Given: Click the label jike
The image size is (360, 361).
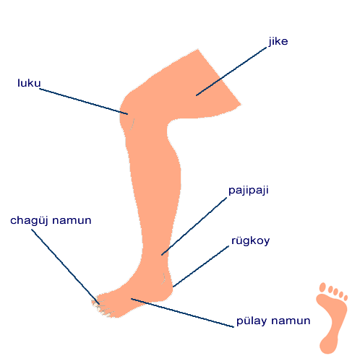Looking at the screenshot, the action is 278,42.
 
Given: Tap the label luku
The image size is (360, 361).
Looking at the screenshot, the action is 29,83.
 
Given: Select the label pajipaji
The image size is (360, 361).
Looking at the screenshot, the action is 249,191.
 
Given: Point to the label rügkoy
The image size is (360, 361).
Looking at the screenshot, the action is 251,241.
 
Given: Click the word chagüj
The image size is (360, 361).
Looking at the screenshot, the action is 30,221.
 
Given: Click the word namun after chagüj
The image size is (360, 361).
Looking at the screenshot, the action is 72,221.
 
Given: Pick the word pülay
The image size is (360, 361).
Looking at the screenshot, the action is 252,321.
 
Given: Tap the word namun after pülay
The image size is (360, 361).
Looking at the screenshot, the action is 291,321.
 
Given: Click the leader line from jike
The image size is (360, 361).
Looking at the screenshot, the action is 231,71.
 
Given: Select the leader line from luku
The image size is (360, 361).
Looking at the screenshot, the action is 84,101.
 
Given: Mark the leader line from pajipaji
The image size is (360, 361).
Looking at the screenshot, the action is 194,226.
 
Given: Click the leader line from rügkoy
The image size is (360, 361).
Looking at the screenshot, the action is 201,266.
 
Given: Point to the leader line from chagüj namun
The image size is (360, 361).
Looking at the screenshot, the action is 65,266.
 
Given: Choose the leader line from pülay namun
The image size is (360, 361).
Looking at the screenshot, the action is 182,313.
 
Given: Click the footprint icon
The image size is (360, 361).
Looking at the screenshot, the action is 332,318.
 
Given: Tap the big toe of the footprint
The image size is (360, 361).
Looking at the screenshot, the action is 322,287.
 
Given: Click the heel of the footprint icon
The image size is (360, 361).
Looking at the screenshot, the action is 328,344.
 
